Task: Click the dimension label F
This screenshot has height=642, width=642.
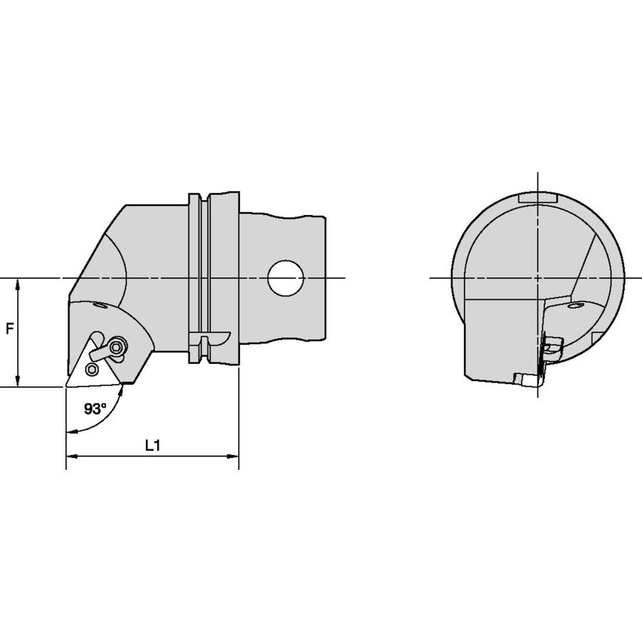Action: (x=10, y=329)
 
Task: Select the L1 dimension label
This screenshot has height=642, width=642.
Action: (x=153, y=446)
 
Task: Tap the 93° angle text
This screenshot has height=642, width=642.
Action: (x=95, y=408)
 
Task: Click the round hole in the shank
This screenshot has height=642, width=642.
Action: (x=286, y=278)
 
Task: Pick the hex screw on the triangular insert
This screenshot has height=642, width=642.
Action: (x=91, y=369)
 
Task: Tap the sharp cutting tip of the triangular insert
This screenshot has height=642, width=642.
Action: (x=66, y=386)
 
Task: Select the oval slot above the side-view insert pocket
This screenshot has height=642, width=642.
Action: (x=100, y=305)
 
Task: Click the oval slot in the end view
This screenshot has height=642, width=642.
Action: (x=575, y=306)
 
